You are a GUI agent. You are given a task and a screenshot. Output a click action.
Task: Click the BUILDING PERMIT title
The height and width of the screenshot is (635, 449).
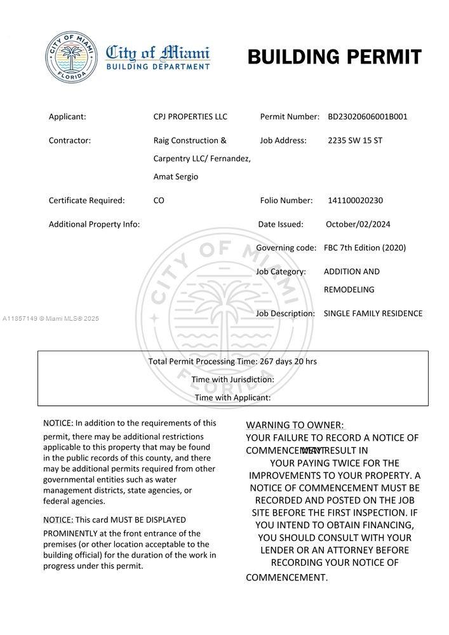coord(334,57)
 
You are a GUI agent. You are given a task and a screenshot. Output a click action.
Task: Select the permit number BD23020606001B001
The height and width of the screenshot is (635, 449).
coord(368,117)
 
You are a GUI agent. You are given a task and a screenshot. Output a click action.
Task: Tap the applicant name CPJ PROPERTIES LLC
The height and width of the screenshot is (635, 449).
coord(190,117)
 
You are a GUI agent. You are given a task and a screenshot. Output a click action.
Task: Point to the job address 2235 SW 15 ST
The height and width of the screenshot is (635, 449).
coord(355,140)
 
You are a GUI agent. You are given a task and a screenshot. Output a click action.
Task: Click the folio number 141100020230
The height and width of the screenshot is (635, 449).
coord(355,201)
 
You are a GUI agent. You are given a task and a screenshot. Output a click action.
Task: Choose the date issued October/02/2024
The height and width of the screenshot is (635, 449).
coord(358,224)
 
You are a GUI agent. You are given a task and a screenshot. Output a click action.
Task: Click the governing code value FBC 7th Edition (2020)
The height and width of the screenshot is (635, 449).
coord(365,248)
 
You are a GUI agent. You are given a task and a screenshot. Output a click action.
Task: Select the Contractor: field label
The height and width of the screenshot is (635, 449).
coord(70,140)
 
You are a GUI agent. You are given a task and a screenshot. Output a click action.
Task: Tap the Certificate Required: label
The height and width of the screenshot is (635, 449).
coord(86,201)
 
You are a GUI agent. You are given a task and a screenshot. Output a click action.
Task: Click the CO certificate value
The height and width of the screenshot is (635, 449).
coord(159,201)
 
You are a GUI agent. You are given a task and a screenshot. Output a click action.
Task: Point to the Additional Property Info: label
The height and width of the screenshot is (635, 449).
coord(94,224)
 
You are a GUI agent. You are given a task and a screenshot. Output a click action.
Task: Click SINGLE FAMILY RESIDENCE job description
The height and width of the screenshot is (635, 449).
coord(373,314)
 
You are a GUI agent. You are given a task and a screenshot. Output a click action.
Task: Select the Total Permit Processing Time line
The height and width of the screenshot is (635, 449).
coord(232,361)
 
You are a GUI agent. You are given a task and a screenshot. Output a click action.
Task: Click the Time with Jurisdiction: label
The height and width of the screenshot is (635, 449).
coord(232,380)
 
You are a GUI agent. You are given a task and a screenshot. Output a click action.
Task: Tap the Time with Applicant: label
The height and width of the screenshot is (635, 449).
coord(232,398)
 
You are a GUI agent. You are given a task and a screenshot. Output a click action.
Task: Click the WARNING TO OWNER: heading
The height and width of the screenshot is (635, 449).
coord(295,425)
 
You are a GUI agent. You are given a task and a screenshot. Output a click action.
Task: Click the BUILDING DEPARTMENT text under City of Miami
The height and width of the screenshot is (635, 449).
coord(157,66)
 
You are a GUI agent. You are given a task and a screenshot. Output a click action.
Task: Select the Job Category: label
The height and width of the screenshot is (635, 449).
coord(281,272)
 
